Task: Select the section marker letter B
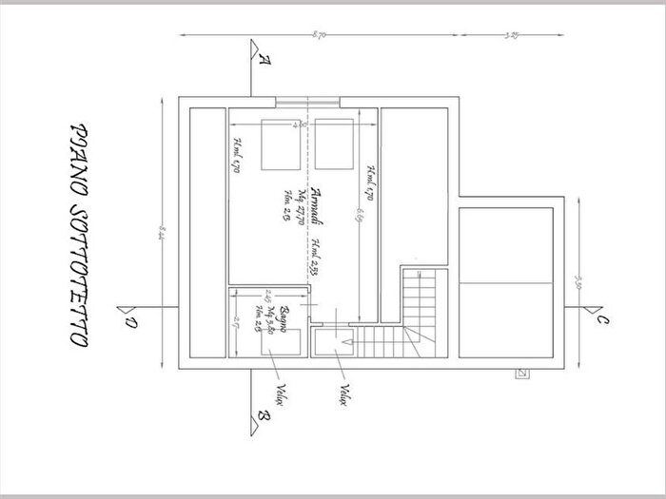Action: click(263, 415)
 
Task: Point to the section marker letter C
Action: click(602, 320)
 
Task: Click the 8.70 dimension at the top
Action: click(319, 35)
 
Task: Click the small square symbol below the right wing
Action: click(520, 373)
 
